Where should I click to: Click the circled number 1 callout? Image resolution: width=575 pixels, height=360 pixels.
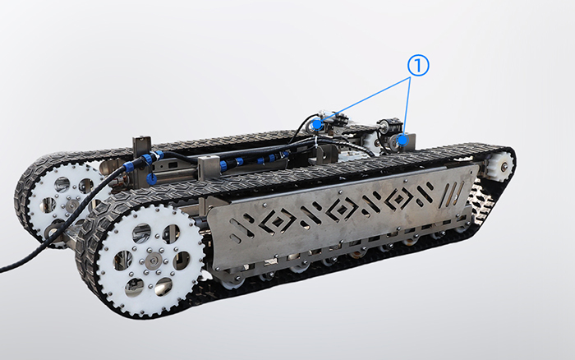point(418,66)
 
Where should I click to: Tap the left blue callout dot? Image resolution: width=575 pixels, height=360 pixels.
point(317,125)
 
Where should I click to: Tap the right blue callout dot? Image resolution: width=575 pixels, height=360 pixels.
point(403,140)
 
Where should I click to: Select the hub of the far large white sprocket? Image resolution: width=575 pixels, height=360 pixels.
point(72,205)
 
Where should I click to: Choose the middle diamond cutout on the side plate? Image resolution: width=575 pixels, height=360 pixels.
point(341,209)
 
